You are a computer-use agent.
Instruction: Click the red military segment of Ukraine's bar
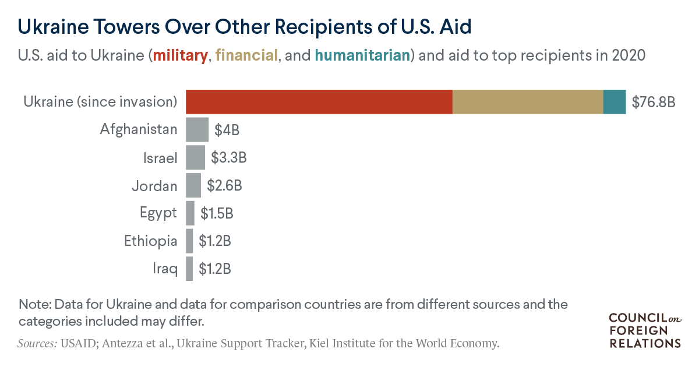click(319, 101)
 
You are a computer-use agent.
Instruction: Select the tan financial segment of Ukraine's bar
click(528, 101)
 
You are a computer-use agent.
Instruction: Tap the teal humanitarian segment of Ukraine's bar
click(615, 101)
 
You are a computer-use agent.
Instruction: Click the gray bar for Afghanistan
click(197, 129)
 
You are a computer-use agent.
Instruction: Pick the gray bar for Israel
click(195, 157)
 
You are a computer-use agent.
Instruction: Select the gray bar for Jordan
click(193, 185)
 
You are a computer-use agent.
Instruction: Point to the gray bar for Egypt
click(190, 213)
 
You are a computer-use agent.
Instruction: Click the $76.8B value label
click(654, 103)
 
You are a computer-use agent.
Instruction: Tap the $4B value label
click(227, 130)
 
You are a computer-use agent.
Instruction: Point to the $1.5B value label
click(217, 213)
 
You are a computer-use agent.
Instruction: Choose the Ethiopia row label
click(150, 241)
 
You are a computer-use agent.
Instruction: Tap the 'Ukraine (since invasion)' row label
click(100, 102)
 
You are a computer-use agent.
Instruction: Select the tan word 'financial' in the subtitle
click(246, 56)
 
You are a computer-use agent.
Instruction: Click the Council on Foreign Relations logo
click(644, 330)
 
